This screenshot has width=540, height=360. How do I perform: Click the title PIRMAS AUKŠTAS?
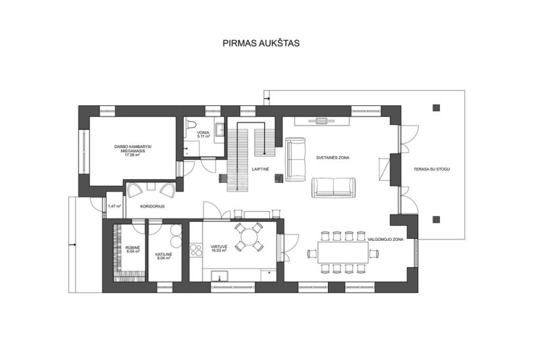pyautogui.click(x=261, y=43)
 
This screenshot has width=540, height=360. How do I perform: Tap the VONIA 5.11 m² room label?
pyautogui.click(x=203, y=134)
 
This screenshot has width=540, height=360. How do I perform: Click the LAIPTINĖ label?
pyautogui.click(x=260, y=169)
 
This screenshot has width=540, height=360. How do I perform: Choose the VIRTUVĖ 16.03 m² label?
pyautogui.click(x=219, y=249)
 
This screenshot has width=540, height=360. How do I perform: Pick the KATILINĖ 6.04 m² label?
pyautogui.click(x=163, y=256)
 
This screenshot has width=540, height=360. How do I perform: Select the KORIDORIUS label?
pyautogui.click(x=152, y=207)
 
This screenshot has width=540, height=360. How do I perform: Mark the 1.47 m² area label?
pyautogui.click(x=115, y=207)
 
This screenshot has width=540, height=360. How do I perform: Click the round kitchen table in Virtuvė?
pyautogui.click(x=249, y=237)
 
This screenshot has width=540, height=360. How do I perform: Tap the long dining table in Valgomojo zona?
pyautogui.click(x=343, y=253)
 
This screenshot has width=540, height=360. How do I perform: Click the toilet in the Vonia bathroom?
pyautogui.click(x=192, y=124)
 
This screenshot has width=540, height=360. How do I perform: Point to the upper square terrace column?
pyautogui.click(x=437, y=108)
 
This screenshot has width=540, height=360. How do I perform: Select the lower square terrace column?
pyautogui.click(x=437, y=219)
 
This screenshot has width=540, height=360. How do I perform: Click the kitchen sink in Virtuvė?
pyautogui.click(x=220, y=276)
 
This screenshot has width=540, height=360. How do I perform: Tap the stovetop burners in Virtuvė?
pyautogui.click(x=196, y=250)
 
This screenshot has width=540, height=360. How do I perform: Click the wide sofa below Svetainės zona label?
pyautogui.click(x=333, y=188)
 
